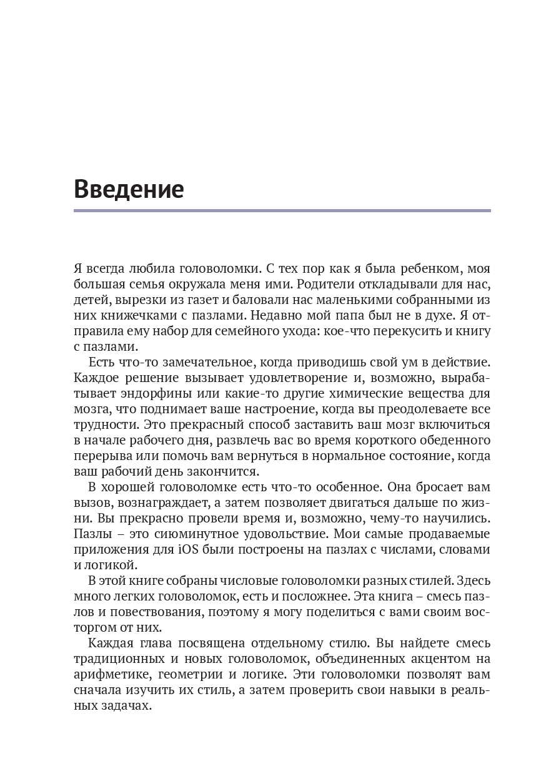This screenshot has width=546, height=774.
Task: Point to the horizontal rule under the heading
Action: click(x=282, y=210)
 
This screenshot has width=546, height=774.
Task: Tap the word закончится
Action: click(x=222, y=471)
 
